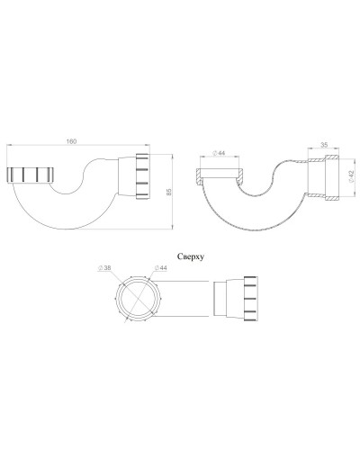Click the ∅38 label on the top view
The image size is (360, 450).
[106, 268]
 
